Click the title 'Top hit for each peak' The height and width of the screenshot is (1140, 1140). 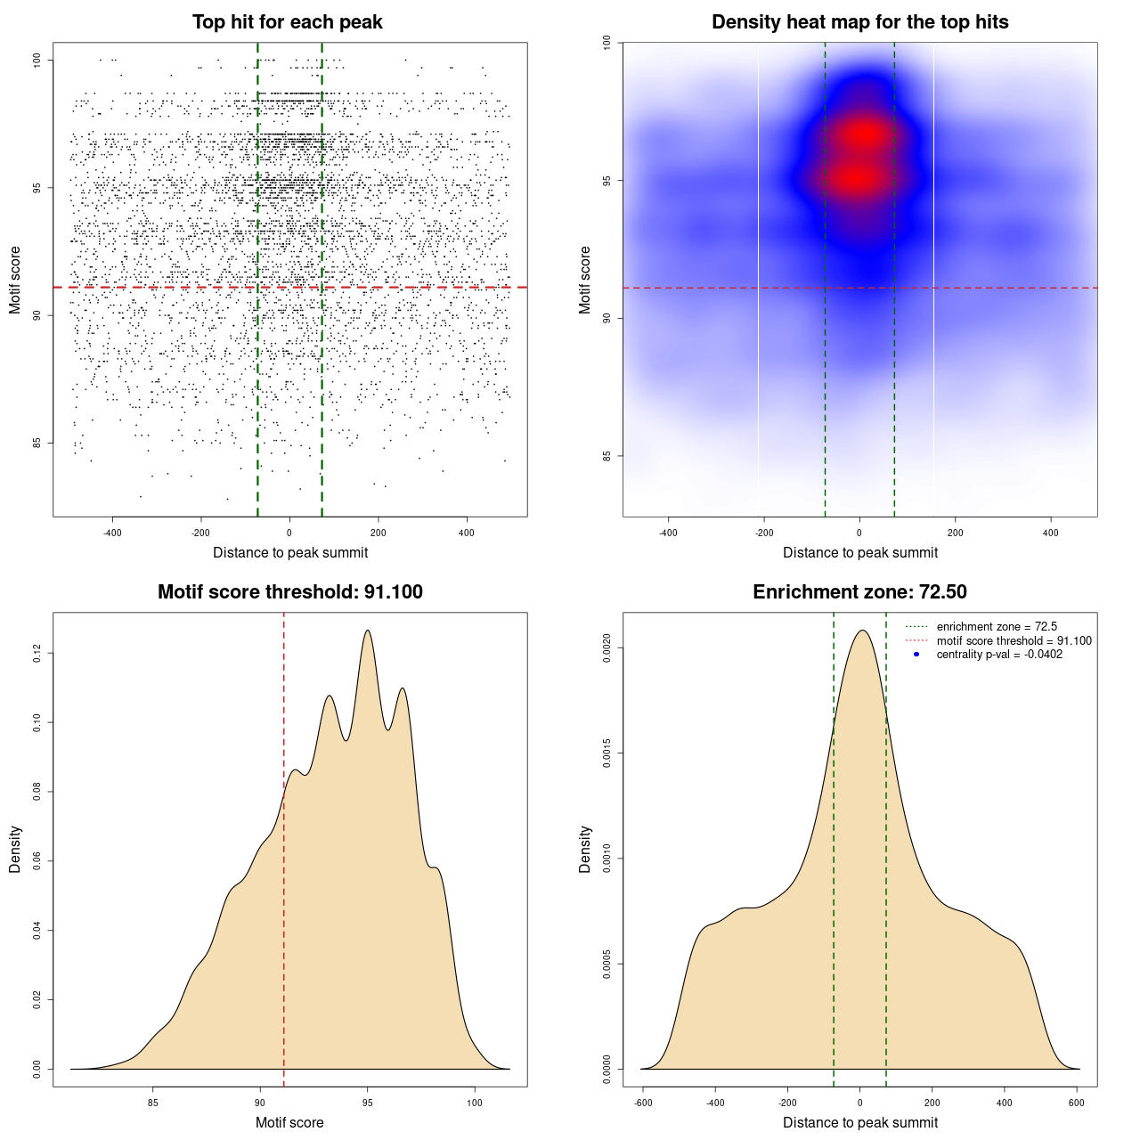[x=287, y=22]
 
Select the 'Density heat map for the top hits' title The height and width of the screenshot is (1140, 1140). [x=859, y=22]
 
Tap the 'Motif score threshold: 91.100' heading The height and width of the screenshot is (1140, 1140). [x=289, y=592]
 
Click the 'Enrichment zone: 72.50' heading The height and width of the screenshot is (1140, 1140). [x=859, y=592]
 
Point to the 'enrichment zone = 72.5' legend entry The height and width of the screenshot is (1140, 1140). [x=997, y=627]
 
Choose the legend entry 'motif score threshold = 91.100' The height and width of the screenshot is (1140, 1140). [x=1014, y=640]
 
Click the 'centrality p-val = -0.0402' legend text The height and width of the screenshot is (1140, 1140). [x=999, y=655]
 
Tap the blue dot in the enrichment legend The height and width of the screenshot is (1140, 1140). [x=916, y=655]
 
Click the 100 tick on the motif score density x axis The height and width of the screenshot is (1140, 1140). [x=475, y=1103]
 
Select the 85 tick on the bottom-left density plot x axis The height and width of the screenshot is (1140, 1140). [x=153, y=1103]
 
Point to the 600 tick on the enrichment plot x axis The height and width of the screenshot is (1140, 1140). [x=1077, y=1103]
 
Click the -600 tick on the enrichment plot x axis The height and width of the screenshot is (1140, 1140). [x=643, y=1103]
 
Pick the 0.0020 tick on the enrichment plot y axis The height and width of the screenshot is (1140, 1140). [x=607, y=648]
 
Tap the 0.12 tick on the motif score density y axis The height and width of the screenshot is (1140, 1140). [x=37, y=654]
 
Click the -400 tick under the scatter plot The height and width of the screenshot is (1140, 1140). [x=112, y=533]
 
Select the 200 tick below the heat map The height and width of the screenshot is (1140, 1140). [x=956, y=533]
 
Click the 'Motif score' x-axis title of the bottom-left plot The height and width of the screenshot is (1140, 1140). [x=289, y=1122]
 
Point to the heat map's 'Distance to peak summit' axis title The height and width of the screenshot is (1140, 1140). [x=859, y=552]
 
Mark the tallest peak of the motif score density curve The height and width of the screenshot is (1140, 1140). [x=367, y=631]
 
